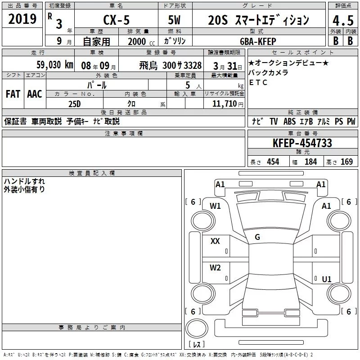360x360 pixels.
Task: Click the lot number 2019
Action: coord(22,19)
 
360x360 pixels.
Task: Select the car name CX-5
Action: coord(116,20)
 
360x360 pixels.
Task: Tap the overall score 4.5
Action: coord(343,21)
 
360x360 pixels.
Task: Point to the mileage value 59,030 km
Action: coord(55,65)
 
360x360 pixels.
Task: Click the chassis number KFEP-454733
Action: coord(302,143)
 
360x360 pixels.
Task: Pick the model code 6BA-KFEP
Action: coord(258,41)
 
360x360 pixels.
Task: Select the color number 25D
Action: coord(75,104)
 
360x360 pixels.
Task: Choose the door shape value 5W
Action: coord(174,20)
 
